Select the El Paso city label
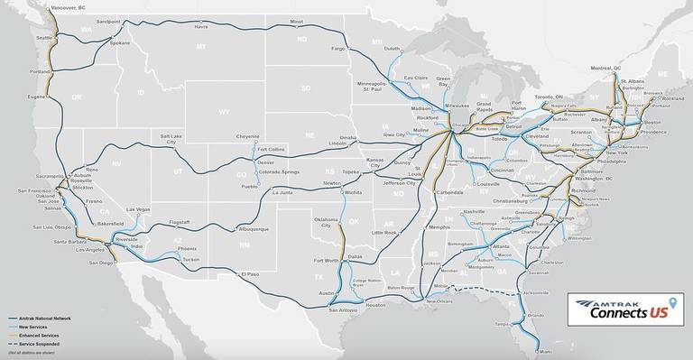(x=248, y=273)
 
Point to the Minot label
(x=296, y=20)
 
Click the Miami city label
(x=543, y=353)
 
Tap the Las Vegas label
(x=138, y=209)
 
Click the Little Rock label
(x=383, y=233)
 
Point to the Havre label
(x=201, y=26)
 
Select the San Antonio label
(x=343, y=309)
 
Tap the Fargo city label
(x=338, y=48)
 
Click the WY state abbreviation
(x=223, y=112)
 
